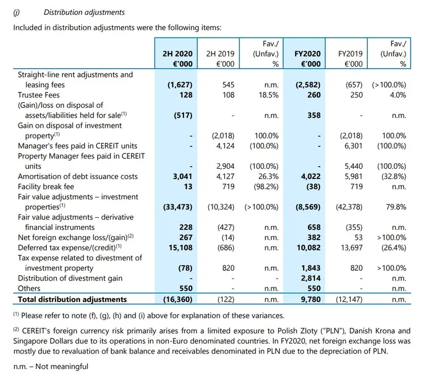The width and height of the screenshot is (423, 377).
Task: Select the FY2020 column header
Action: point(308,54)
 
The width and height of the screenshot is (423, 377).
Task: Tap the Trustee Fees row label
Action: point(39,95)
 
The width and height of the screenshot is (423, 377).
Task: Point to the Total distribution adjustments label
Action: point(73,298)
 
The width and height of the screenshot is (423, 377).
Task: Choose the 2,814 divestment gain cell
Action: point(310,278)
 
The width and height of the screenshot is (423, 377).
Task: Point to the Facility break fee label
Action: point(47,187)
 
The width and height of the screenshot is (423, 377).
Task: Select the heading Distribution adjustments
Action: point(84,12)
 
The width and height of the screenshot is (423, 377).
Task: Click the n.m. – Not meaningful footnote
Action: point(51,367)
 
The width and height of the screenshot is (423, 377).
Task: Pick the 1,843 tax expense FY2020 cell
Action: point(310,268)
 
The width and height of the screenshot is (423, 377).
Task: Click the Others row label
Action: point(29,289)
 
